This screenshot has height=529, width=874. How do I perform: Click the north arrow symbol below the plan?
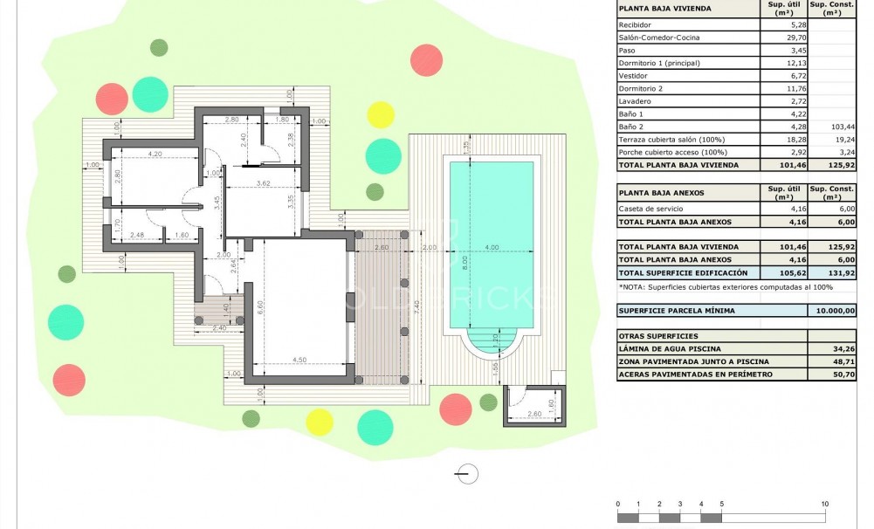pos(468,474)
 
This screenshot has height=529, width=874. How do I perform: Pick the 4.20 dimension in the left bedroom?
pos(155,154)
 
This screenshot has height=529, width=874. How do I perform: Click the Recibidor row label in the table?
pos(635,24)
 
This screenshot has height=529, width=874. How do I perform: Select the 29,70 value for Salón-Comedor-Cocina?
pos(774,38)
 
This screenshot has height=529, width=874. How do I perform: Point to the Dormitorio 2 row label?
pos(641,88)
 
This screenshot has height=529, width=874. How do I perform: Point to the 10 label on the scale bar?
pos(824,505)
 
